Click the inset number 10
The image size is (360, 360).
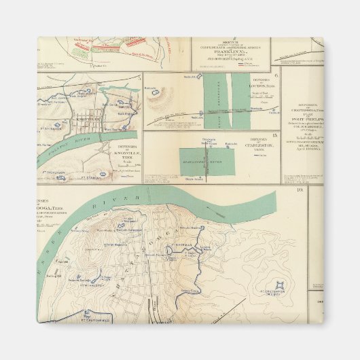(299, 189)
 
